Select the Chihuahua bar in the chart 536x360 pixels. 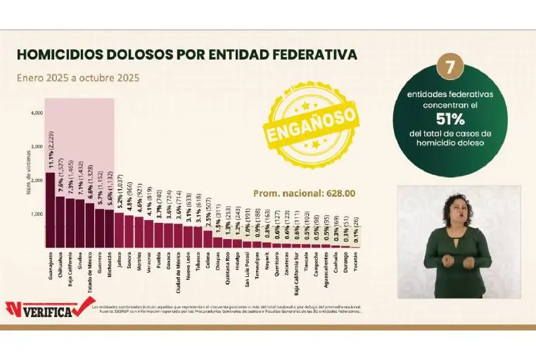60,221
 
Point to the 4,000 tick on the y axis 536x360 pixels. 37,112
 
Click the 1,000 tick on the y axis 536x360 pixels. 37,214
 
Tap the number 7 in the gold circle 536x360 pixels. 449,67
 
